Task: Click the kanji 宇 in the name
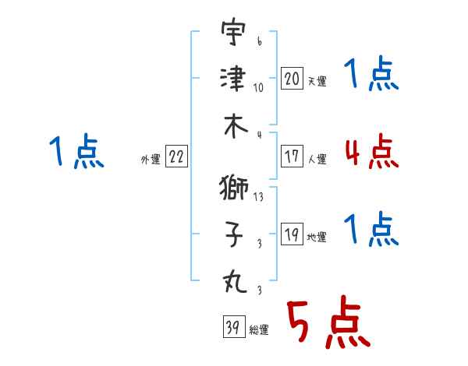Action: click(233, 31)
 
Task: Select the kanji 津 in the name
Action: click(233, 79)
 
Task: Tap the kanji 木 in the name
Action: click(236, 127)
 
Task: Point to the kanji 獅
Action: click(234, 188)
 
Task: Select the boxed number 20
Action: click(292, 79)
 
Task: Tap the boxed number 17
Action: click(292, 156)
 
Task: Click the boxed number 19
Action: click(292, 234)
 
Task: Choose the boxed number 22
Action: click(176, 156)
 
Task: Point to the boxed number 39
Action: click(234, 326)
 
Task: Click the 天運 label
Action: click(317, 81)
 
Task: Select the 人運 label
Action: click(317, 159)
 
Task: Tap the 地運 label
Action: click(317, 238)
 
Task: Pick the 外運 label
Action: click(151, 160)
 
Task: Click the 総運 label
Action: click(259, 330)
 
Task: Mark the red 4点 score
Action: click(372, 151)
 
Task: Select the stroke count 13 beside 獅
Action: click(258, 197)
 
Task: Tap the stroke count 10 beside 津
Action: click(258, 88)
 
